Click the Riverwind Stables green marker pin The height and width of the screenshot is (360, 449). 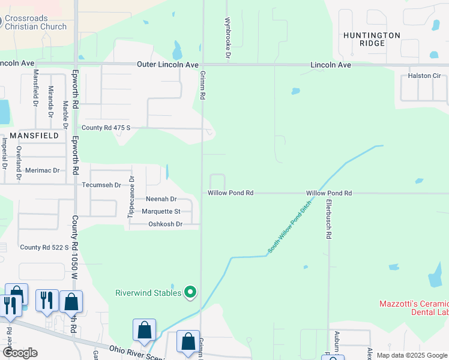(x=190, y=293)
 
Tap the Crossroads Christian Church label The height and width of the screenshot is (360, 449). (x=35, y=22)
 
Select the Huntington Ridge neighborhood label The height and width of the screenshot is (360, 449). (x=372, y=40)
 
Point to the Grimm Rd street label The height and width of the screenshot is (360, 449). (x=202, y=85)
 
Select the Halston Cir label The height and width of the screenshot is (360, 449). (x=424, y=76)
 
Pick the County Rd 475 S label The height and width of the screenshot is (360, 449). (x=106, y=128)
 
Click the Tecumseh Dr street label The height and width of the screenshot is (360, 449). (x=101, y=185)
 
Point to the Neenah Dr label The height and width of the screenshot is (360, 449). (x=161, y=199)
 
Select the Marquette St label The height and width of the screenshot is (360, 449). (x=161, y=211)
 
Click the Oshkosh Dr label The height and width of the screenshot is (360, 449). (x=165, y=224)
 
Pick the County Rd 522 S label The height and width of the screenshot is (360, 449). (x=42, y=247)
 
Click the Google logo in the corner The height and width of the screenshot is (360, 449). (x=19, y=352)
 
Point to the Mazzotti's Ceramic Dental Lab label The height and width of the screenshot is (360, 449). (x=414, y=308)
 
